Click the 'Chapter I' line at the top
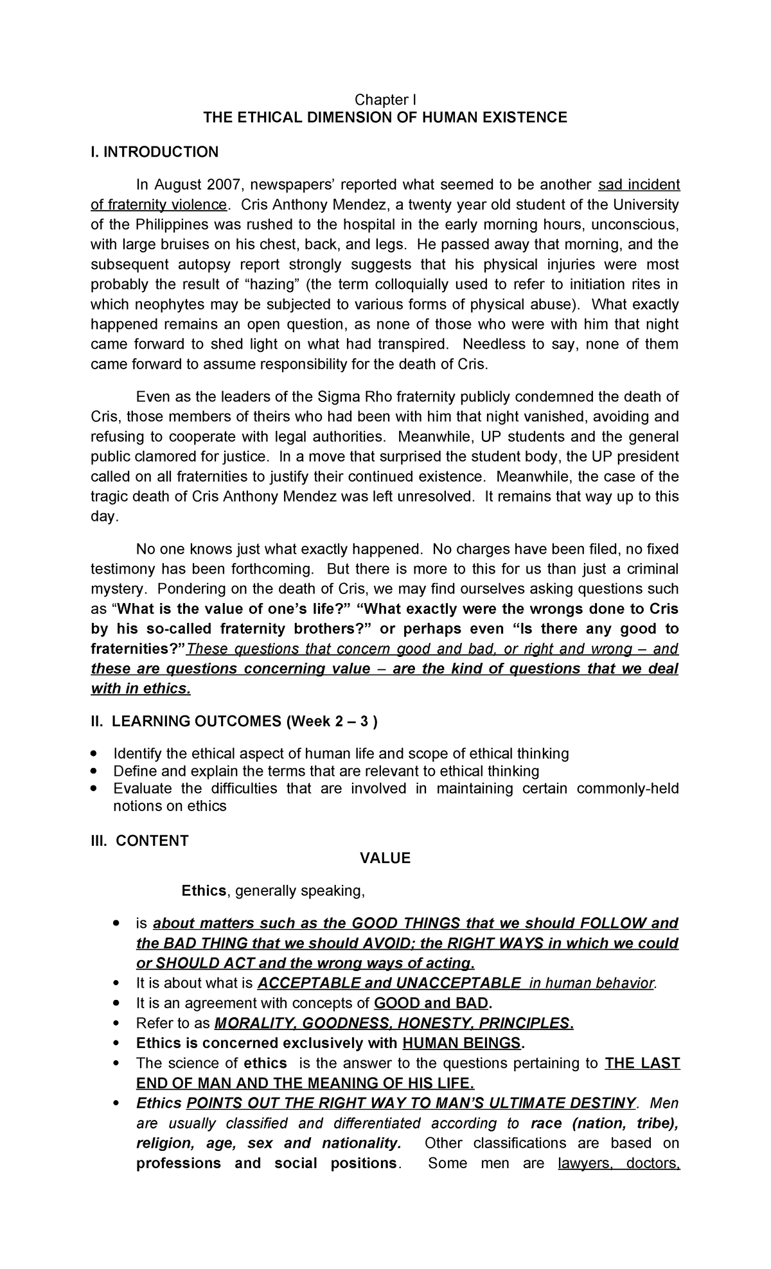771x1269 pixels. [x=385, y=100]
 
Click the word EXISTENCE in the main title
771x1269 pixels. [x=526, y=118]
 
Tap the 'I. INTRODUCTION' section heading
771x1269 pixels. [x=154, y=152]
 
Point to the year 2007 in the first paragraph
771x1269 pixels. [x=224, y=186]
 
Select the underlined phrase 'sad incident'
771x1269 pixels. [x=639, y=186]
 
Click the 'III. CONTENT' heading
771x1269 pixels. [x=139, y=841]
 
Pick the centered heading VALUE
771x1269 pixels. [x=385, y=859]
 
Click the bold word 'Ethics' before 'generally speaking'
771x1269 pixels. [x=204, y=891]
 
